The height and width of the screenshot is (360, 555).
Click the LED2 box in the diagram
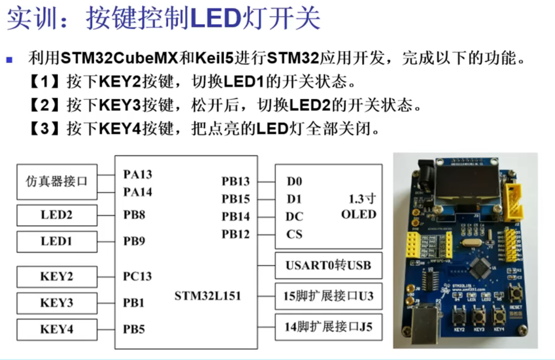(57, 215)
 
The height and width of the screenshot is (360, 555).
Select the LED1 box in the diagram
(57, 242)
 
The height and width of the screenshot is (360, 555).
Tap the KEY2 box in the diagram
(57, 277)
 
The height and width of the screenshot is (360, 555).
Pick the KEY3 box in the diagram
(57, 303)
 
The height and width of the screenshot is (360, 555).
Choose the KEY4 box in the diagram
(57, 329)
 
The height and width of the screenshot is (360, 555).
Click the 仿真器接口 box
(57, 181)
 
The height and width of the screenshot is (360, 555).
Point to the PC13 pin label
(137, 277)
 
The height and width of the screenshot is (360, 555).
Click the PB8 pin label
(134, 215)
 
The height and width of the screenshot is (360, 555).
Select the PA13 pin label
(137, 174)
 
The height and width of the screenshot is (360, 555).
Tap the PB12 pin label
(235, 235)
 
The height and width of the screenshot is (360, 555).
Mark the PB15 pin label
(235, 199)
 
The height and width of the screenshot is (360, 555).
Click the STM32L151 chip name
(208, 296)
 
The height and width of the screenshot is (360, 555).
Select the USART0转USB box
(328, 266)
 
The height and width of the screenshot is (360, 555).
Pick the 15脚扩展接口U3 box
(328, 296)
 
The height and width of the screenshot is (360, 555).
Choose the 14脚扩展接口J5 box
(328, 327)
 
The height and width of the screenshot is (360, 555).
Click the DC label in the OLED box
(294, 217)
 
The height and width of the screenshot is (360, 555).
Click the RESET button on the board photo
(515, 293)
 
